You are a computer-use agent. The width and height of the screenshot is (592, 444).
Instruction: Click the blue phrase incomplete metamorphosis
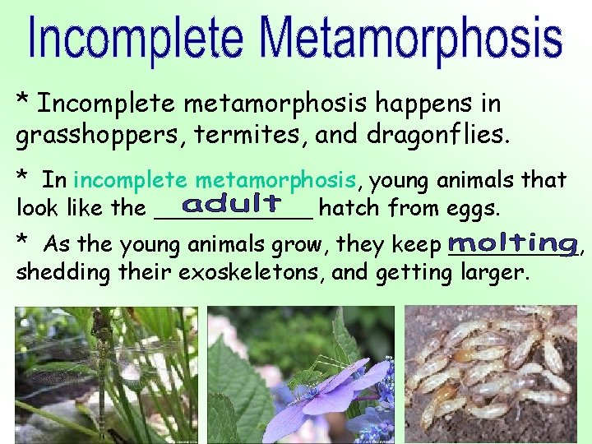pyautogui.click(x=215, y=179)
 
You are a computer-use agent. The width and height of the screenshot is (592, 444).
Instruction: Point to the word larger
pyautogui.click(x=491, y=272)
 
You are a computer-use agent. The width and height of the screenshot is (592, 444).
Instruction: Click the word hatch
pyautogui.click(x=346, y=209)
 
